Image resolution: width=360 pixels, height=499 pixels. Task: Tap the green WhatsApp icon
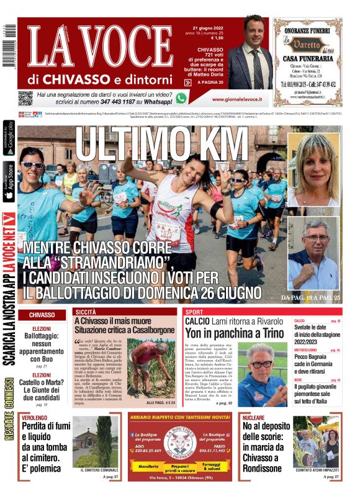click(x=181, y=97)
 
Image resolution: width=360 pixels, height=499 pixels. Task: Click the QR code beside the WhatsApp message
click(x=25, y=98)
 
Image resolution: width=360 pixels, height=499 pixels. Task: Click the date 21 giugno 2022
click(x=207, y=27)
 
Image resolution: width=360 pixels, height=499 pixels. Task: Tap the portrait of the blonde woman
click(x=314, y=169)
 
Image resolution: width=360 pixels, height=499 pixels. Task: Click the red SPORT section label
click(x=194, y=312)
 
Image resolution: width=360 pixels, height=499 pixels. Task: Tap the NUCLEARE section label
click(x=253, y=418)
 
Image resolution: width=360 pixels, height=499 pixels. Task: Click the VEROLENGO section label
click(x=34, y=418)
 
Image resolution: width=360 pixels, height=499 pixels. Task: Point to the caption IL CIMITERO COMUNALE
click(x=99, y=470)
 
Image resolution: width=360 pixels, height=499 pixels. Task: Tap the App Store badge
click(x=9, y=181)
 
